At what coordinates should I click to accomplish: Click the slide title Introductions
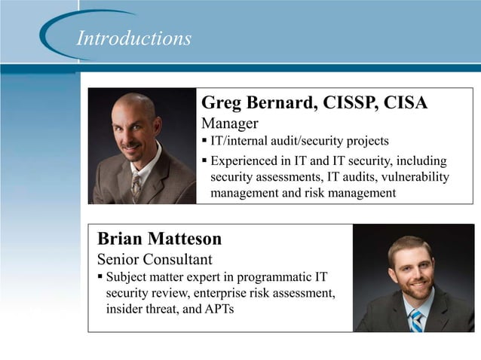tap(133, 38)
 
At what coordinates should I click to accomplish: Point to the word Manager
tap(230, 123)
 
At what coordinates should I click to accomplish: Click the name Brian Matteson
tap(160, 239)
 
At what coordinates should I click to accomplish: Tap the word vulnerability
tap(413, 177)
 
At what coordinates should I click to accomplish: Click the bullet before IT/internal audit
tap(204, 141)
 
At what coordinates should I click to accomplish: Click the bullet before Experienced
tap(204, 161)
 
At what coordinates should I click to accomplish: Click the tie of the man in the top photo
tap(136, 184)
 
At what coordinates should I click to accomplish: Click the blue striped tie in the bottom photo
tap(415, 319)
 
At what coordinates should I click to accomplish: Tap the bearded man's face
tap(410, 269)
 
